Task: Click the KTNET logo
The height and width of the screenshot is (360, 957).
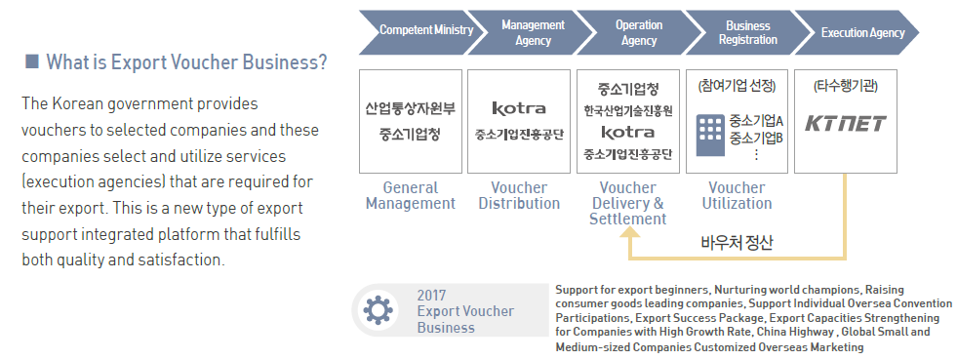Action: pos(846,124)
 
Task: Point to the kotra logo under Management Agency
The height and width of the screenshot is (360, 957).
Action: pos(519,108)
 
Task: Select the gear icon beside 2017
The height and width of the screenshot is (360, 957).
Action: pos(374,310)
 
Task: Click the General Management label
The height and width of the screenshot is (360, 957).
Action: pos(411,195)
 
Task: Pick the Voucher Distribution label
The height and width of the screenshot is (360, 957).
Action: pos(519,195)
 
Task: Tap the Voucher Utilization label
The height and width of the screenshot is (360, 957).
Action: pos(737,195)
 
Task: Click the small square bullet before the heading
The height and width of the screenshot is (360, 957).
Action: pos(31,61)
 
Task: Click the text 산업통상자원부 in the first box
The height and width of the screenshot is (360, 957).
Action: pos(411,108)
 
